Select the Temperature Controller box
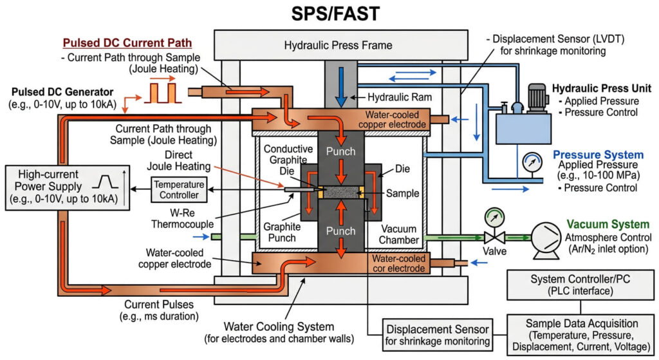(x=178, y=189)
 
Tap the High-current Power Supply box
(x=66, y=187)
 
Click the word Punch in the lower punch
(x=340, y=231)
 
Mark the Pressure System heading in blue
(x=597, y=155)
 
